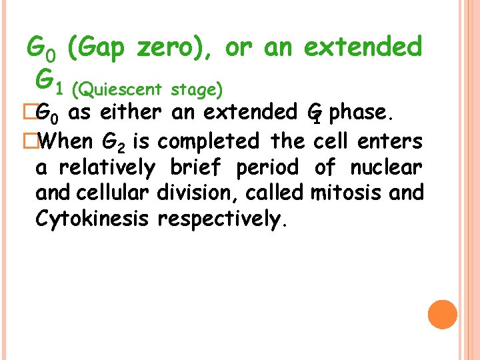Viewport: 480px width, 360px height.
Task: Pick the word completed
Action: [x=210, y=141]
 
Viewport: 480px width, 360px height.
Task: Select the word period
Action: [x=267, y=167]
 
